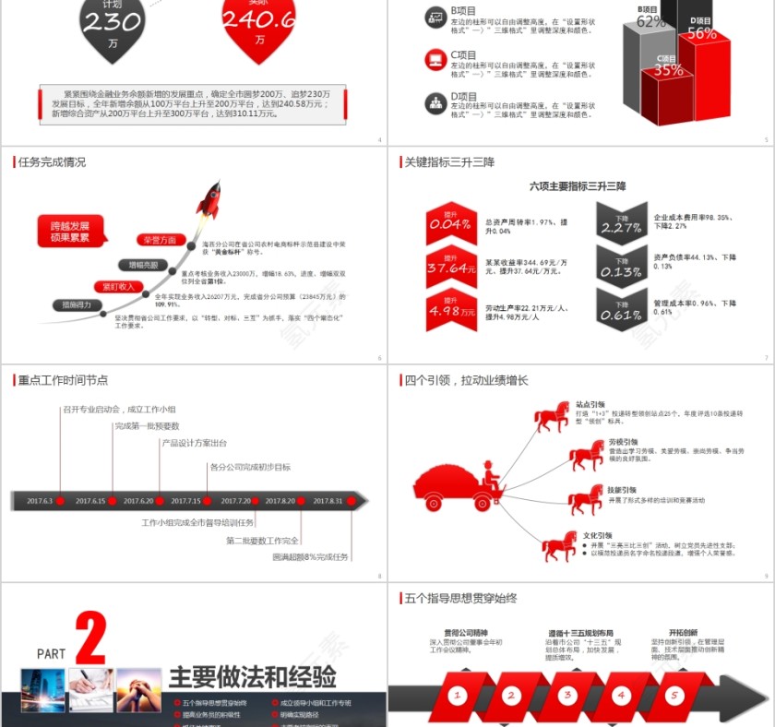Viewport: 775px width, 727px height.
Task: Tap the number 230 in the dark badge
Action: pos(113,22)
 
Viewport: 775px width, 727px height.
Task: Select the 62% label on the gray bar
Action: pos(650,20)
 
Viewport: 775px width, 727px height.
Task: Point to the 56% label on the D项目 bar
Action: pos(701,32)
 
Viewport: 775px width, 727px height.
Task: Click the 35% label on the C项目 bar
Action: pos(668,69)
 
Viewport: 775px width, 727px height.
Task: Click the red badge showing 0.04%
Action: pos(450,224)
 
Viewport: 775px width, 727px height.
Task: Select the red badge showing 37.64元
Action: pos(450,268)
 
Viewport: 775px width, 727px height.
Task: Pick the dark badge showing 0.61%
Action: pos(622,314)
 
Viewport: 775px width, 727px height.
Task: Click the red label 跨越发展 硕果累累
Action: pos(70,232)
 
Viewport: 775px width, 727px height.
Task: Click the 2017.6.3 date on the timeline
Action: pos(41,501)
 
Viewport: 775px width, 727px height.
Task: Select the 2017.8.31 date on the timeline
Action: pos(328,501)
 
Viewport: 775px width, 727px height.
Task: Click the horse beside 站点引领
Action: pos(553,416)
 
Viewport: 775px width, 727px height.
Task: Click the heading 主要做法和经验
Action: pos(252,677)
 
